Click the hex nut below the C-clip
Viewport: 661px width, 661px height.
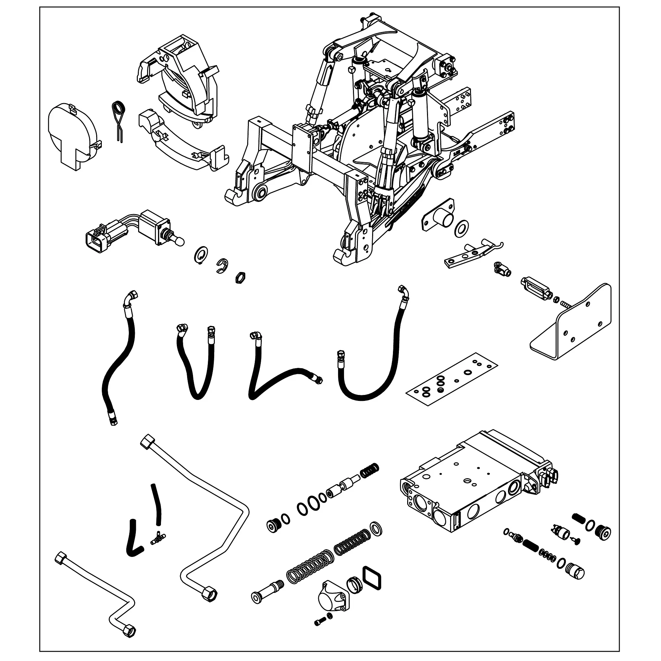[241, 278]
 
